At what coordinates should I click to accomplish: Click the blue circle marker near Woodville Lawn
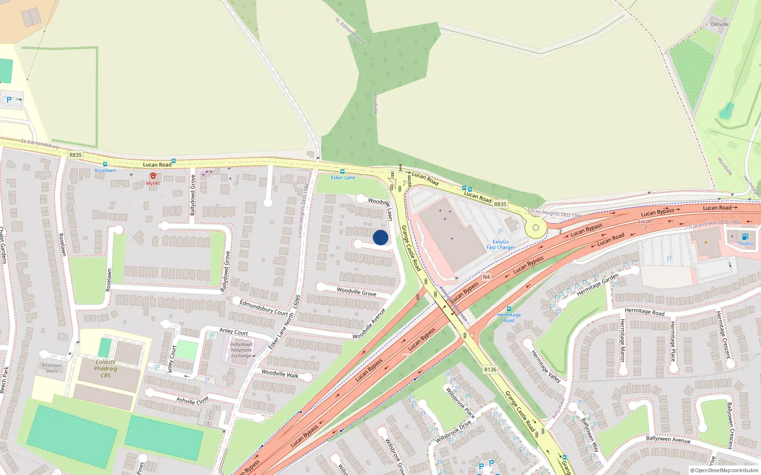pos(380,237)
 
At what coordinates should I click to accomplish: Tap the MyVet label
pos(153,183)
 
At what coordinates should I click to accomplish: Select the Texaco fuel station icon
pos(745,237)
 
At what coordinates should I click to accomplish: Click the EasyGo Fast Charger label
pos(500,245)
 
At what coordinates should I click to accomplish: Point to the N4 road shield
pos(486,277)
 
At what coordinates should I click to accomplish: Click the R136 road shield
pos(490,370)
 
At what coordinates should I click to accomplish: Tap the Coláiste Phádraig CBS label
pos(106,369)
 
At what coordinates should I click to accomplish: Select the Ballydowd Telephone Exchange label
pos(241,350)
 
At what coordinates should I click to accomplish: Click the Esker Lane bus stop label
pos(343,178)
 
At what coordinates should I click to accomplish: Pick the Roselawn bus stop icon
pos(105,164)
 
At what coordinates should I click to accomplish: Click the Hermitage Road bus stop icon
pos(509,309)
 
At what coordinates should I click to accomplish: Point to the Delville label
pos(720,24)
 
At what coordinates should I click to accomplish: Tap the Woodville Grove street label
pos(356,291)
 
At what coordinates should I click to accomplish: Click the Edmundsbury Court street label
pos(264,308)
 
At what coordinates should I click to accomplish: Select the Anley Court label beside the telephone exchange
pos(234,331)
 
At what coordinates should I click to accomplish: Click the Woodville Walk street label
pos(280,374)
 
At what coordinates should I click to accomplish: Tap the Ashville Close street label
pos(192,400)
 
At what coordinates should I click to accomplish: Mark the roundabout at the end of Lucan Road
pos(536,228)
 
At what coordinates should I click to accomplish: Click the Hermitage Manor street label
pos(622,341)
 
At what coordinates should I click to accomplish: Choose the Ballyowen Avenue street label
pos(668,439)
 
